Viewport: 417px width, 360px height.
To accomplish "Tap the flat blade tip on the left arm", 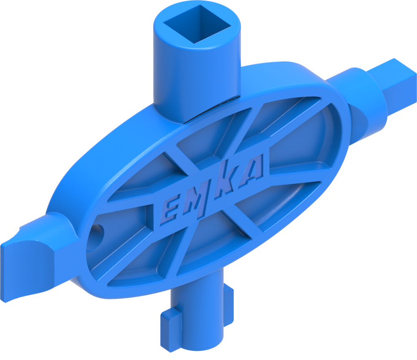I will tap(16, 264).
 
